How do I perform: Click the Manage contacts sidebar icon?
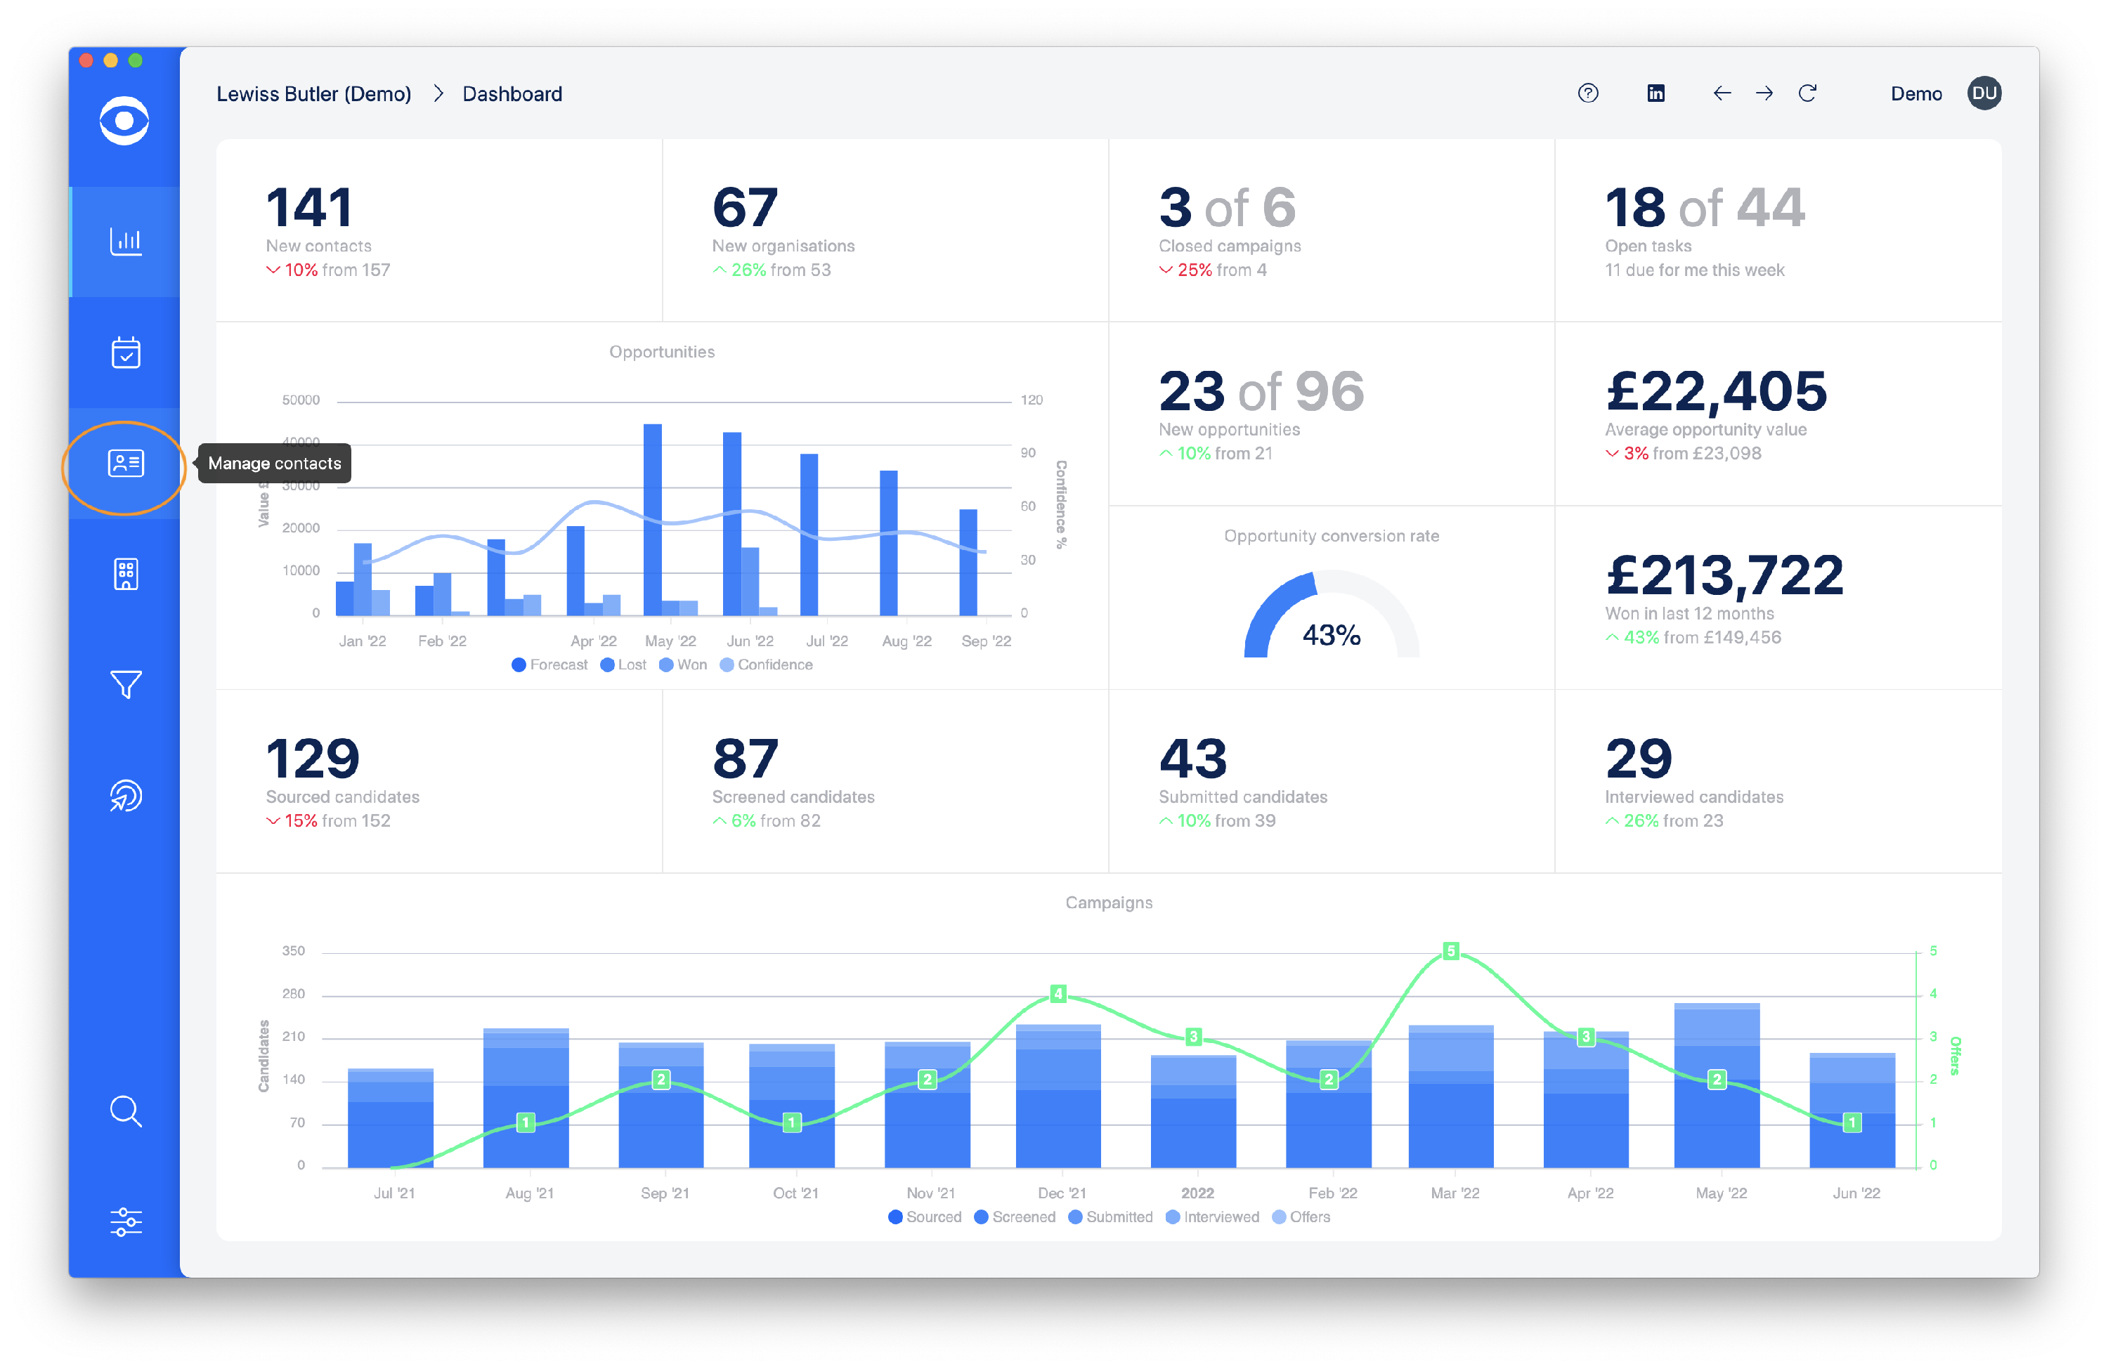point(126,463)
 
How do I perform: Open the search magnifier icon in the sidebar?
point(126,1111)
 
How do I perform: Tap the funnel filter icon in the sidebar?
point(126,683)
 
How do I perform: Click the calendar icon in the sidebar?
point(126,353)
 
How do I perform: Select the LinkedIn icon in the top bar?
point(1655,93)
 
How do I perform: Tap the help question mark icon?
point(1588,93)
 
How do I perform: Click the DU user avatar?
point(1984,93)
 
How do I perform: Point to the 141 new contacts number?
point(309,208)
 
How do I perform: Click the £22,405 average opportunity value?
point(1716,391)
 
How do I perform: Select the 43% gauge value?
point(1332,635)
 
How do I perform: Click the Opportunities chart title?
point(662,351)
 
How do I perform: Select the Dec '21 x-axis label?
point(1061,1193)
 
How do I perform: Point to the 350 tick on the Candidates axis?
point(293,951)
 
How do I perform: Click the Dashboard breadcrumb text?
point(512,94)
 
